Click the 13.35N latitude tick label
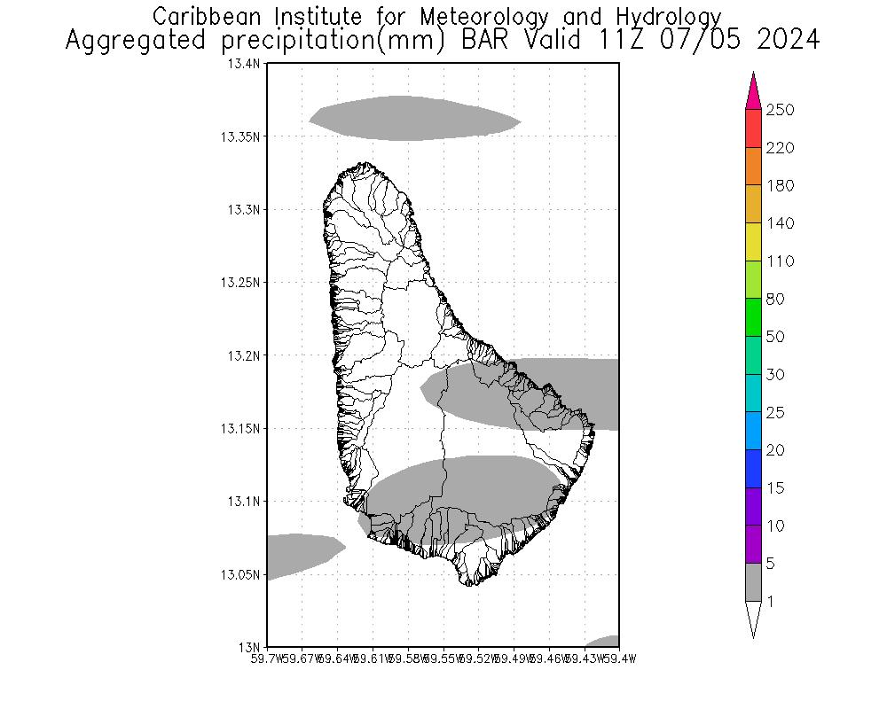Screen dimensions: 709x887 (x=240, y=136)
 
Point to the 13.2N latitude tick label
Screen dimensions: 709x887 (x=245, y=355)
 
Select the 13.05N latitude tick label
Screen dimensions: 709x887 (x=240, y=574)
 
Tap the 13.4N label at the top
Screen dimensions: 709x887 (x=245, y=64)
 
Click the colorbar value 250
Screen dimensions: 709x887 (x=781, y=110)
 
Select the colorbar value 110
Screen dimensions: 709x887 (x=781, y=261)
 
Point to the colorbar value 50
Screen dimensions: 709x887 (x=776, y=337)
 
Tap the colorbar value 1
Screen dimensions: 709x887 (x=771, y=602)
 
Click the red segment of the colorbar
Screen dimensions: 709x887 (x=753, y=129)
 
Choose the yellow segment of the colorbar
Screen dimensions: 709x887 (x=753, y=242)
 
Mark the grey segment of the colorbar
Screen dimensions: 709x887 (x=753, y=582)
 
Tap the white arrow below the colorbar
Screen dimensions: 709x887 (x=753, y=618)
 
